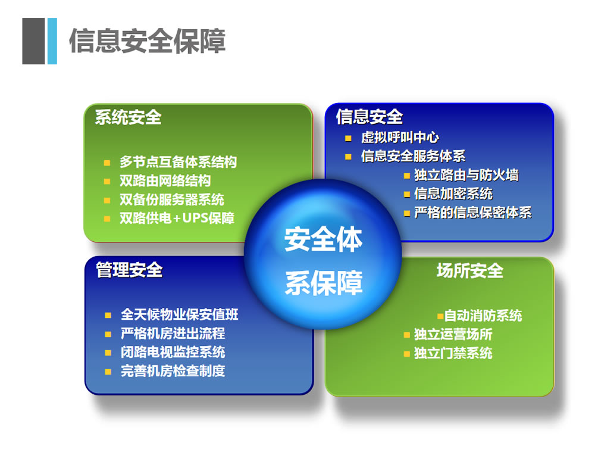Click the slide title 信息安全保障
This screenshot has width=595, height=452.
(x=147, y=41)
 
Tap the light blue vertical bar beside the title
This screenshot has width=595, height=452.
(x=52, y=41)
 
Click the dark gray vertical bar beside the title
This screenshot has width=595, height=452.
(x=33, y=41)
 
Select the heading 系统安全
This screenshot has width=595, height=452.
(x=128, y=117)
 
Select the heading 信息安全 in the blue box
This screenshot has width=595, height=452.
(x=369, y=117)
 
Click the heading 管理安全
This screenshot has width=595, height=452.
(x=129, y=270)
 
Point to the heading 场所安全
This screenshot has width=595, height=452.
(x=469, y=271)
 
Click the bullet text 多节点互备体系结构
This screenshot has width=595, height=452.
(x=178, y=162)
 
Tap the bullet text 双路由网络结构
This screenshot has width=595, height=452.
(x=165, y=181)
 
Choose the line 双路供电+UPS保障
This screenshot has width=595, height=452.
(x=177, y=219)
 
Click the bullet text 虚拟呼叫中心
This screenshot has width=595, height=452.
(x=400, y=138)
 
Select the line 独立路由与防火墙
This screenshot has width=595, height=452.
(x=466, y=175)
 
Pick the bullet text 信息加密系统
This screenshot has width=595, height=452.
(x=453, y=194)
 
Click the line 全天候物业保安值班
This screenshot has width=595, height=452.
(x=179, y=314)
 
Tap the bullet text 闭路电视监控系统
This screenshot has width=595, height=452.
(x=173, y=352)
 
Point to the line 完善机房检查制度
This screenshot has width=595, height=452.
(x=173, y=371)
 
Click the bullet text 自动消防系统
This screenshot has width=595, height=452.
(x=483, y=316)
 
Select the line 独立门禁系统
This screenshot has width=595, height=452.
(x=453, y=353)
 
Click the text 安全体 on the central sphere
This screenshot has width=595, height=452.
(x=323, y=240)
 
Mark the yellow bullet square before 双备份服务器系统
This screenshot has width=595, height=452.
(x=107, y=200)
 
